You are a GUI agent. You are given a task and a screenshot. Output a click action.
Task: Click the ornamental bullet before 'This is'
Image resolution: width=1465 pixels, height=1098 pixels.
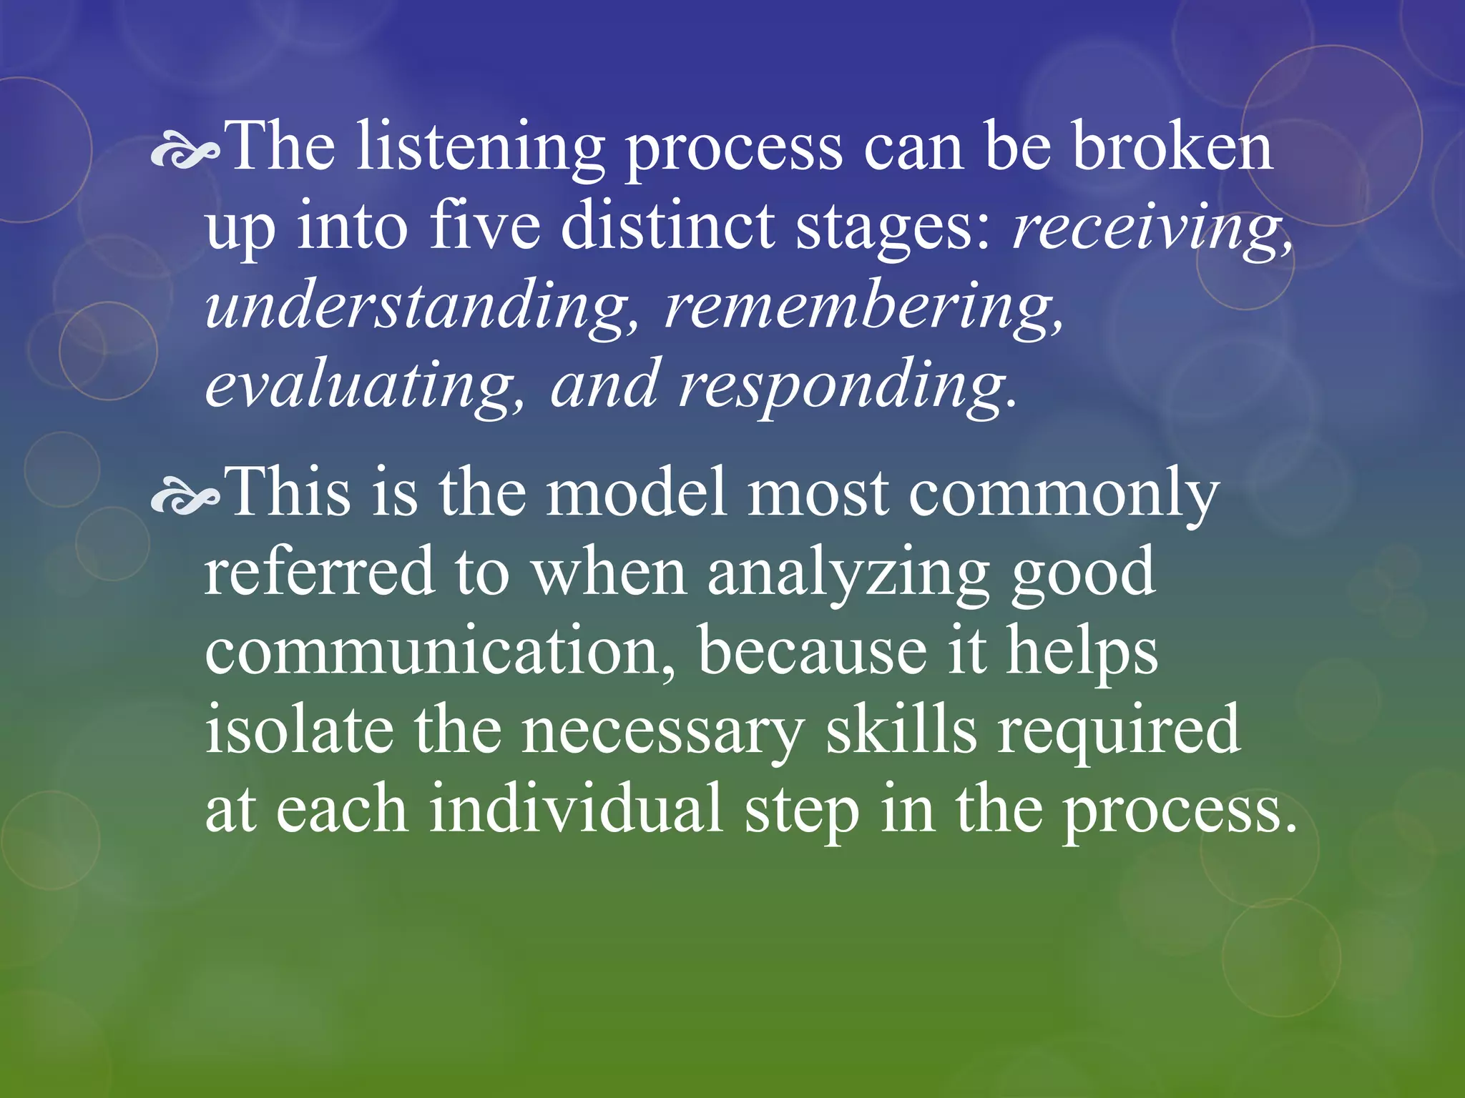[x=185, y=500]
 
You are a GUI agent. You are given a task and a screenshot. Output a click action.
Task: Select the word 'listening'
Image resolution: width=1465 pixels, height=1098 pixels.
[x=480, y=149]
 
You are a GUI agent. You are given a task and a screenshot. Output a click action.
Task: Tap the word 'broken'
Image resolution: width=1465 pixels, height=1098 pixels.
[x=1173, y=147]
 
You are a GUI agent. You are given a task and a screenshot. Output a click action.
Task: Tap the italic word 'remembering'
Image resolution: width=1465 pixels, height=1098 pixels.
[x=859, y=307]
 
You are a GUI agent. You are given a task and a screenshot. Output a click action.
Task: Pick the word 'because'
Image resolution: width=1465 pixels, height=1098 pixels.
[x=813, y=651]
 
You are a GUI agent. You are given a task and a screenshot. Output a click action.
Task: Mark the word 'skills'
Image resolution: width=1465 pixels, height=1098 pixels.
[x=901, y=730]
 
